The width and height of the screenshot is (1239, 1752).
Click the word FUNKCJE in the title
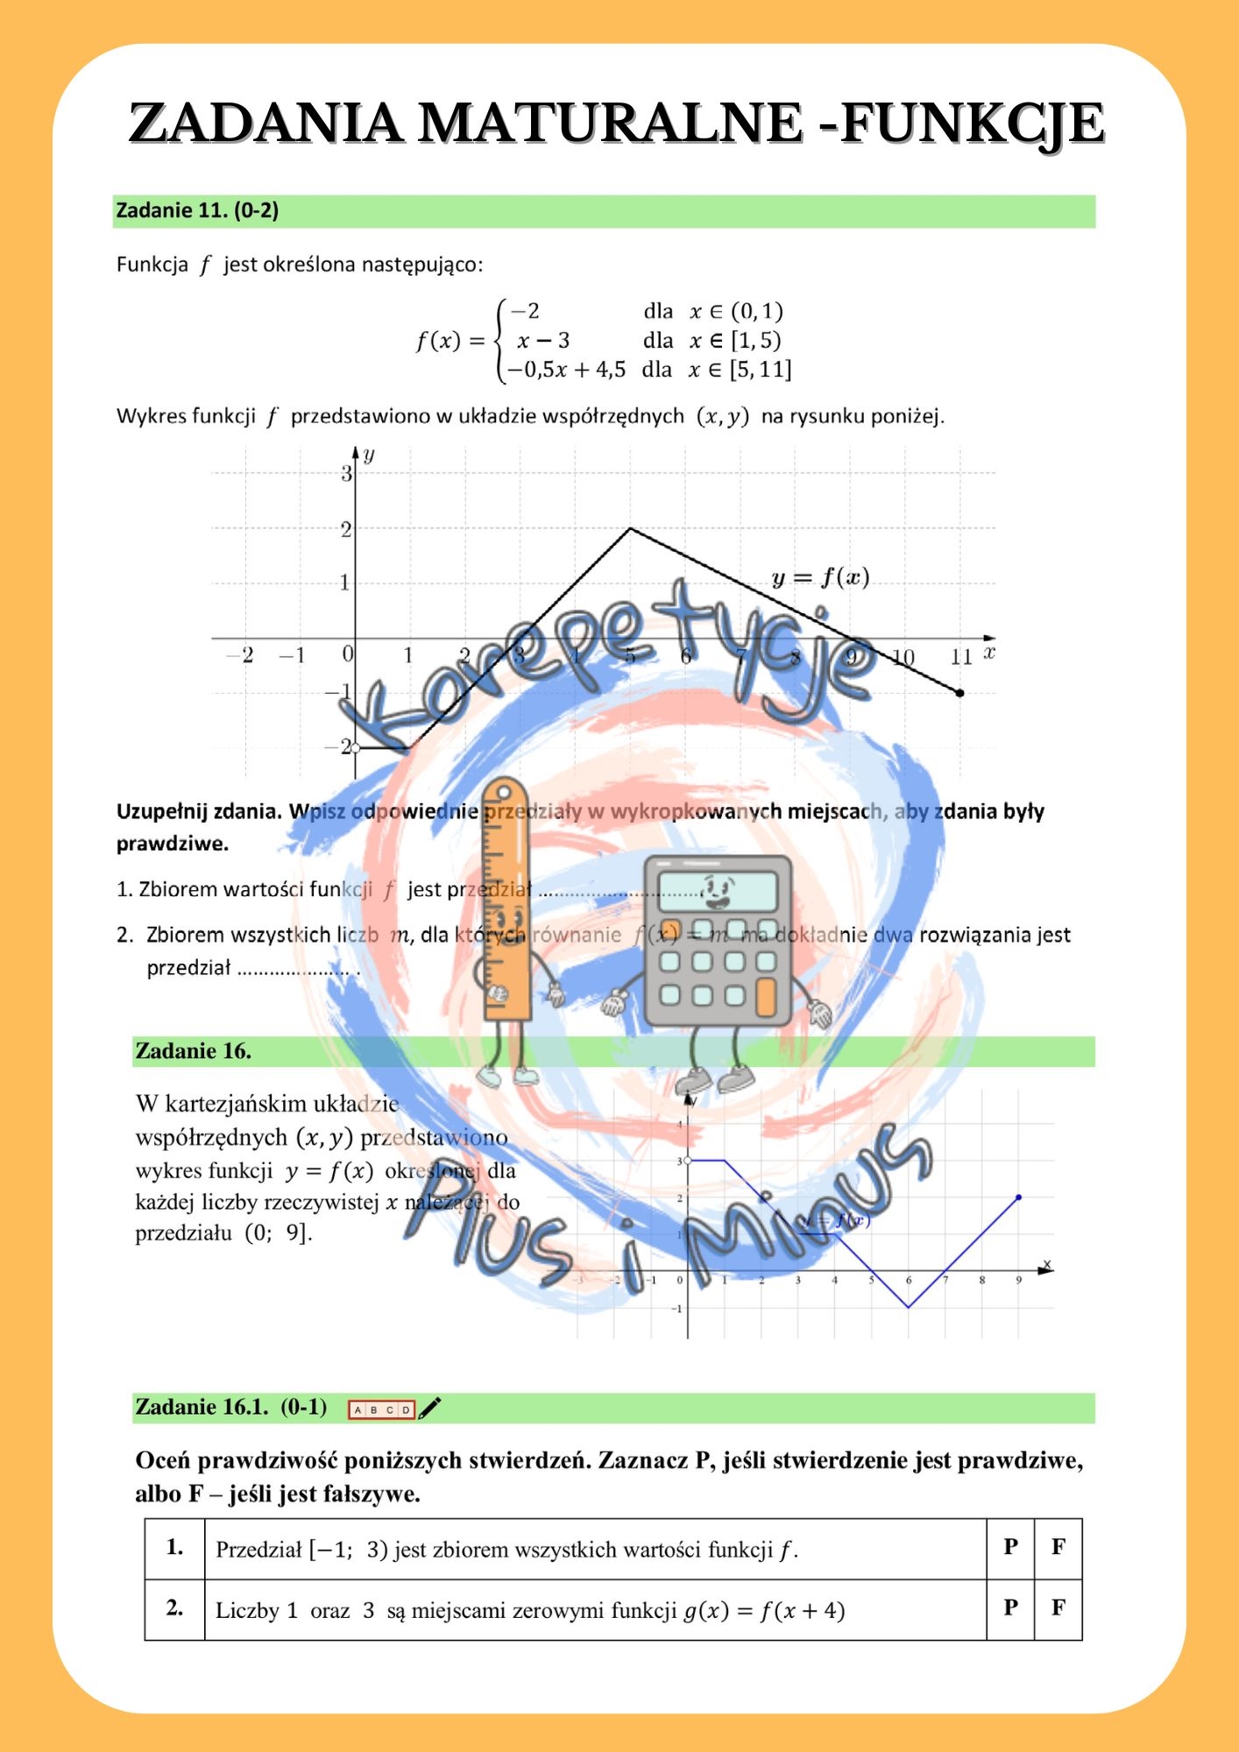[x=973, y=123]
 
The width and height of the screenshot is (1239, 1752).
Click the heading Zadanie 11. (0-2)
[x=197, y=211]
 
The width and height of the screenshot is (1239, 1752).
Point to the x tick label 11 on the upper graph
[x=960, y=657]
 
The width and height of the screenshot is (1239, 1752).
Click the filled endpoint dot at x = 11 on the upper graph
[x=959, y=693]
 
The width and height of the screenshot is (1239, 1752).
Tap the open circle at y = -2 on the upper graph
[x=356, y=748]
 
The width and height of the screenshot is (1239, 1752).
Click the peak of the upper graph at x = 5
[x=630, y=528]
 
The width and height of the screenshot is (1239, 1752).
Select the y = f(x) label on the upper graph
[x=820, y=578]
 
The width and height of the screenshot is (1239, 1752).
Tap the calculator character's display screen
[x=717, y=890]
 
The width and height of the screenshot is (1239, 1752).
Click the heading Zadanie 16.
[x=194, y=1051]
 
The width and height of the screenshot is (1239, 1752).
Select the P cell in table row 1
[x=1010, y=1548]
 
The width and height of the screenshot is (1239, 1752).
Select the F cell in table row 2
[x=1058, y=1608]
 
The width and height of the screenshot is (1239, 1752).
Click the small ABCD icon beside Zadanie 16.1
[x=381, y=1409]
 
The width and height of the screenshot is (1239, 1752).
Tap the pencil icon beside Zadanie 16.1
[x=430, y=1408]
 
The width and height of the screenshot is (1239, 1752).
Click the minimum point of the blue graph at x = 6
[x=909, y=1307]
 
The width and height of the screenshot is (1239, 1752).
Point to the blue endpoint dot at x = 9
[x=1018, y=1197]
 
